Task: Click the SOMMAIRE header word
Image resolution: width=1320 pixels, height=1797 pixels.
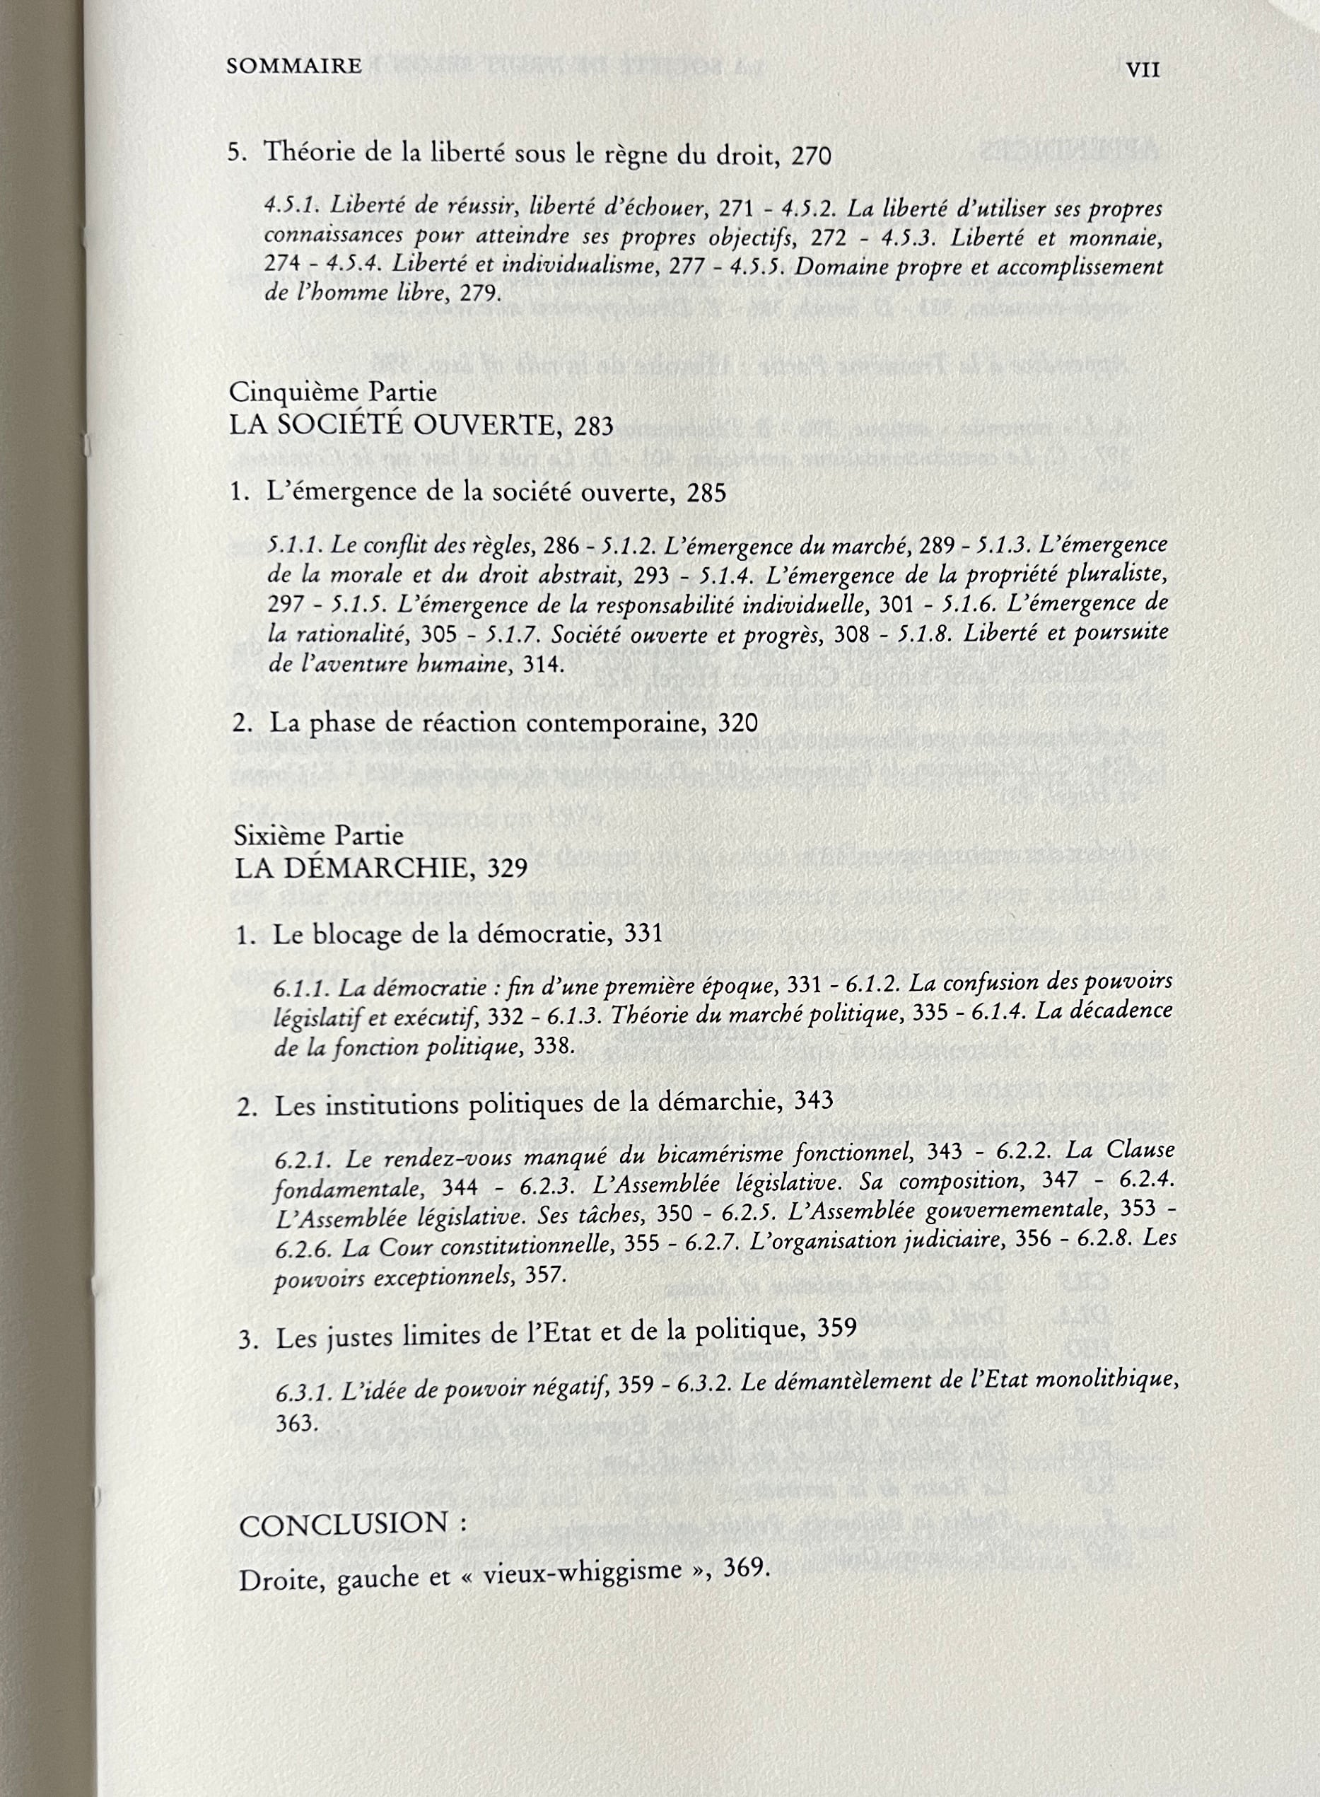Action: (294, 66)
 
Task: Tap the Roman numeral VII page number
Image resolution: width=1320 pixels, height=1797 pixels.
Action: (1143, 69)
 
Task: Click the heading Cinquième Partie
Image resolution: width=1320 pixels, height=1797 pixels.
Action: (332, 392)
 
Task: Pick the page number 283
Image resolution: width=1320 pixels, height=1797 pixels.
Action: (594, 426)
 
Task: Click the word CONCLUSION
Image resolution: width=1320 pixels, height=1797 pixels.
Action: (344, 1525)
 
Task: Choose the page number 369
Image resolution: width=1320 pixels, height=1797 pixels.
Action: (745, 1567)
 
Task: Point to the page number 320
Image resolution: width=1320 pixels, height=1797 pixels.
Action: (737, 723)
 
